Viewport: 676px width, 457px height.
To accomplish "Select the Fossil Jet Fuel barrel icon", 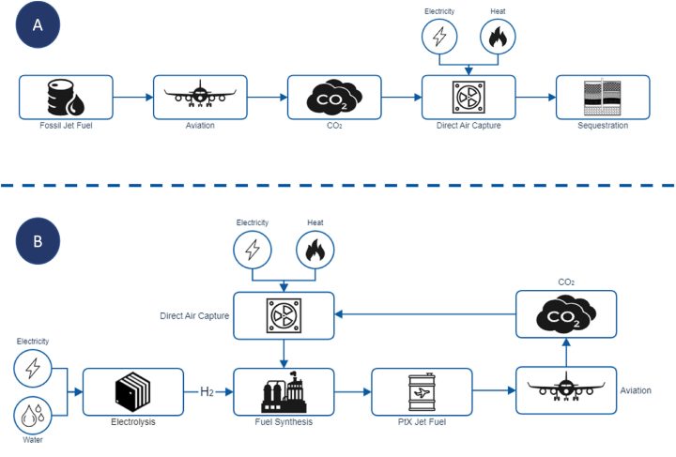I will (65, 96).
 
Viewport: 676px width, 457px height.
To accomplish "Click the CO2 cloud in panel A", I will (333, 96).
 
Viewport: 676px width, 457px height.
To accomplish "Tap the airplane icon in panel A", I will (199, 96).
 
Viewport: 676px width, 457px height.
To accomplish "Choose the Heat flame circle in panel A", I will (497, 37).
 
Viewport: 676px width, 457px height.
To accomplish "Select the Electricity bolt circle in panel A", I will (439, 37).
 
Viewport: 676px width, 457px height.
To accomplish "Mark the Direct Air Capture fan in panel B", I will (283, 313).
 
